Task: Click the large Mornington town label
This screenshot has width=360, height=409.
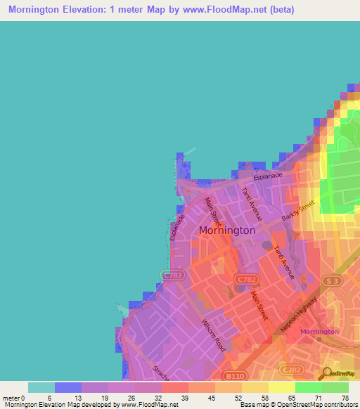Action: click(x=227, y=230)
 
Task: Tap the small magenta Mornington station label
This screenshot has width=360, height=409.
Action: click(x=319, y=331)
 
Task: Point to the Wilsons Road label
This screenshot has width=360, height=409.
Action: click(x=213, y=334)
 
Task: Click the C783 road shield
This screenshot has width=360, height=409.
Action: click(x=171, y=275)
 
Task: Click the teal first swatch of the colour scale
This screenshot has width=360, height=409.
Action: click(x=41, y=387)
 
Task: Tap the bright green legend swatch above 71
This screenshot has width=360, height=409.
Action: click(x=308, y=387)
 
